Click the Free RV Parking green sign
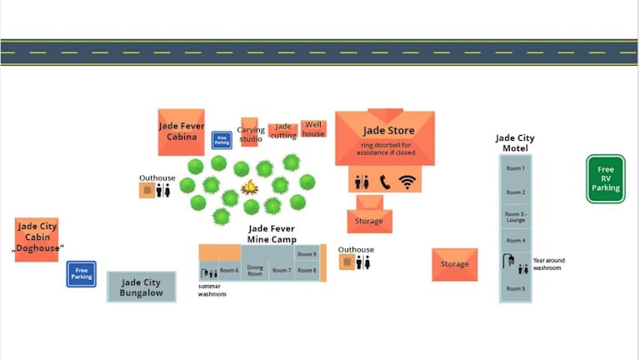click(x=606, y=178)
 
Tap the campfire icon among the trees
click(x=249, y=187)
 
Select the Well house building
click(x=313, y=128)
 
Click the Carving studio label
click(x=250, y=134)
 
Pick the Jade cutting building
click(x=283, y=131)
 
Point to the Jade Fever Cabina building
click(x=181, y=132)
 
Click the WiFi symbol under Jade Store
click(x=407, y=182)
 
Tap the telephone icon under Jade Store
click(x=385, y=182)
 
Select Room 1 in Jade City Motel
click(x=516, y=169)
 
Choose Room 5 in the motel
click(x=516, y=288)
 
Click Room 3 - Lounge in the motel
click(x=516, y=217)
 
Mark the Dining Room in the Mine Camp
click(x=255, y=270)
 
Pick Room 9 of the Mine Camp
click(x=307, y=254)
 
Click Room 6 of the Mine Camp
click(x=229, y=270)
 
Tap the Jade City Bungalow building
click(x=141, y=287)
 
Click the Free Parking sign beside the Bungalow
click(x=81, y=273)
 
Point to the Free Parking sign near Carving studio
click(x=222, y=140)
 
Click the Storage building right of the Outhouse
click(x=454, y=264)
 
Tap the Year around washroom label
click(x=547, y=263)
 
